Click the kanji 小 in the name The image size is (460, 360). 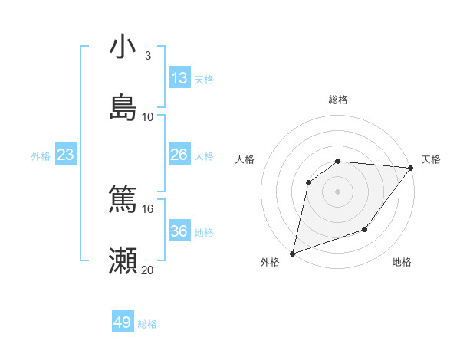tap(123, 47)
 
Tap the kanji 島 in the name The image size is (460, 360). tap(123, 108)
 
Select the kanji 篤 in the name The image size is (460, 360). tap(123, 201)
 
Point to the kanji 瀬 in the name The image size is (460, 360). tap(123, 261)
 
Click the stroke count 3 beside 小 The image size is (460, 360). tap(147, 56)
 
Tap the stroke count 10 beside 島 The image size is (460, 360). tap(148, 116)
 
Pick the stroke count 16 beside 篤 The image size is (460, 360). tap(148, 208)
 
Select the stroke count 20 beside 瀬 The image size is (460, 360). tap(148, 270)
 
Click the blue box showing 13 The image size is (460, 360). tap(179, 78)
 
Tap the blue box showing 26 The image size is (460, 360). tap(179, 155)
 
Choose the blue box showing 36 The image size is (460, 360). tap(179, 231)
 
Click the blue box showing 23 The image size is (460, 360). tap(66, 155)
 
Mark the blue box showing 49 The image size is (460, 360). tap(123, 322)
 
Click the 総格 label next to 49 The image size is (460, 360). tap(147, 324)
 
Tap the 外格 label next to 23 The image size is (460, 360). tap(41, 156)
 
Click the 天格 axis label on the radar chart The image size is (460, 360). tap(431, 159)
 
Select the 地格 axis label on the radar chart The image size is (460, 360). tap(402, 263)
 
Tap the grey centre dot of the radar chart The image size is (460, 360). tap(337, 191)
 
